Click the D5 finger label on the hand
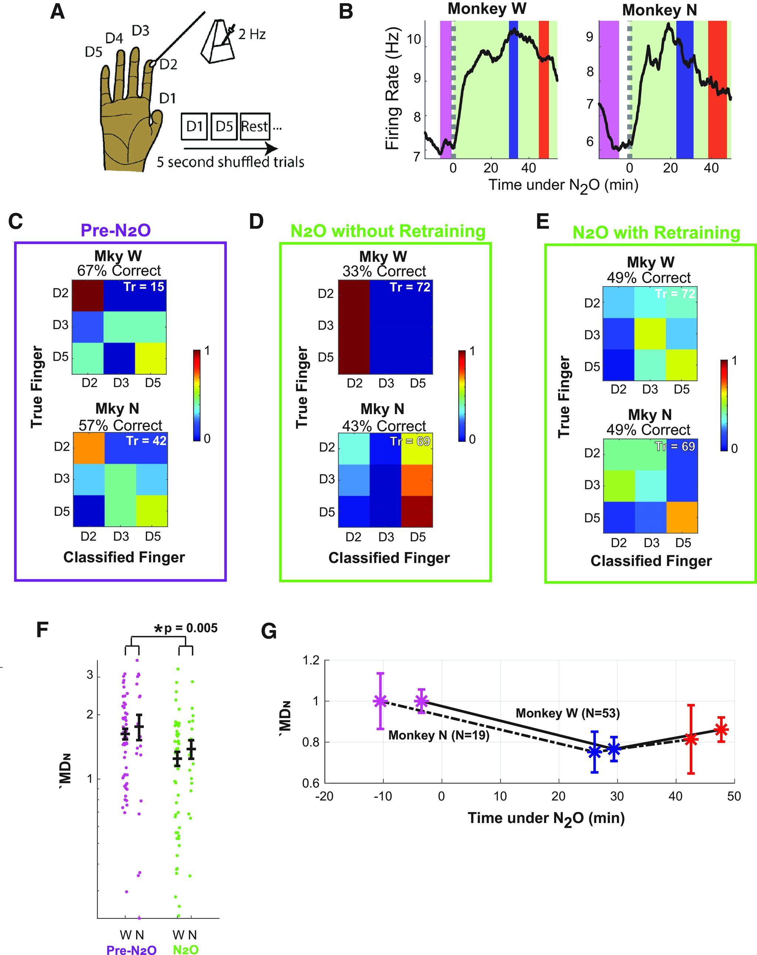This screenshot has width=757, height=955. tap(94, 52)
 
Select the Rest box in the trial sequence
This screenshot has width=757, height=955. tap(255, 127)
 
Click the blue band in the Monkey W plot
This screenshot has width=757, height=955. tap(513, 89)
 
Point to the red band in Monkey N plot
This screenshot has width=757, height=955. tap(717, 89)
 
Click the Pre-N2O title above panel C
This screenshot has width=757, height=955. tap(116, 230)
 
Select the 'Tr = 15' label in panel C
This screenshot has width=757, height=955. tap(144, 287)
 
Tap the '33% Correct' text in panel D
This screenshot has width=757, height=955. tap(384, 271)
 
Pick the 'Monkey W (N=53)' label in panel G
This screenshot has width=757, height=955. tap(567, 714)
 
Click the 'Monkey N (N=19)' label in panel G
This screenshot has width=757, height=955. tap(438, 736)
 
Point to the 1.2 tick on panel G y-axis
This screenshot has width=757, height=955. tap(311, 660)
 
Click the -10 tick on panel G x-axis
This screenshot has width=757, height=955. tap(383, 796)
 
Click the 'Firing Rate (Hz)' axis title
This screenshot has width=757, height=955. tap(393, 89)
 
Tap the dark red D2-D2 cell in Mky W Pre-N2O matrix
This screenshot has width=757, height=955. tap(88, 295)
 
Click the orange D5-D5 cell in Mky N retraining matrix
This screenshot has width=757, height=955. tap(682, 517)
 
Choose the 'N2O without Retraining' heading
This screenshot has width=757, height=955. tap(388, 231)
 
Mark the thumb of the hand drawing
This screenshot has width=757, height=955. tap(156, 117)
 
